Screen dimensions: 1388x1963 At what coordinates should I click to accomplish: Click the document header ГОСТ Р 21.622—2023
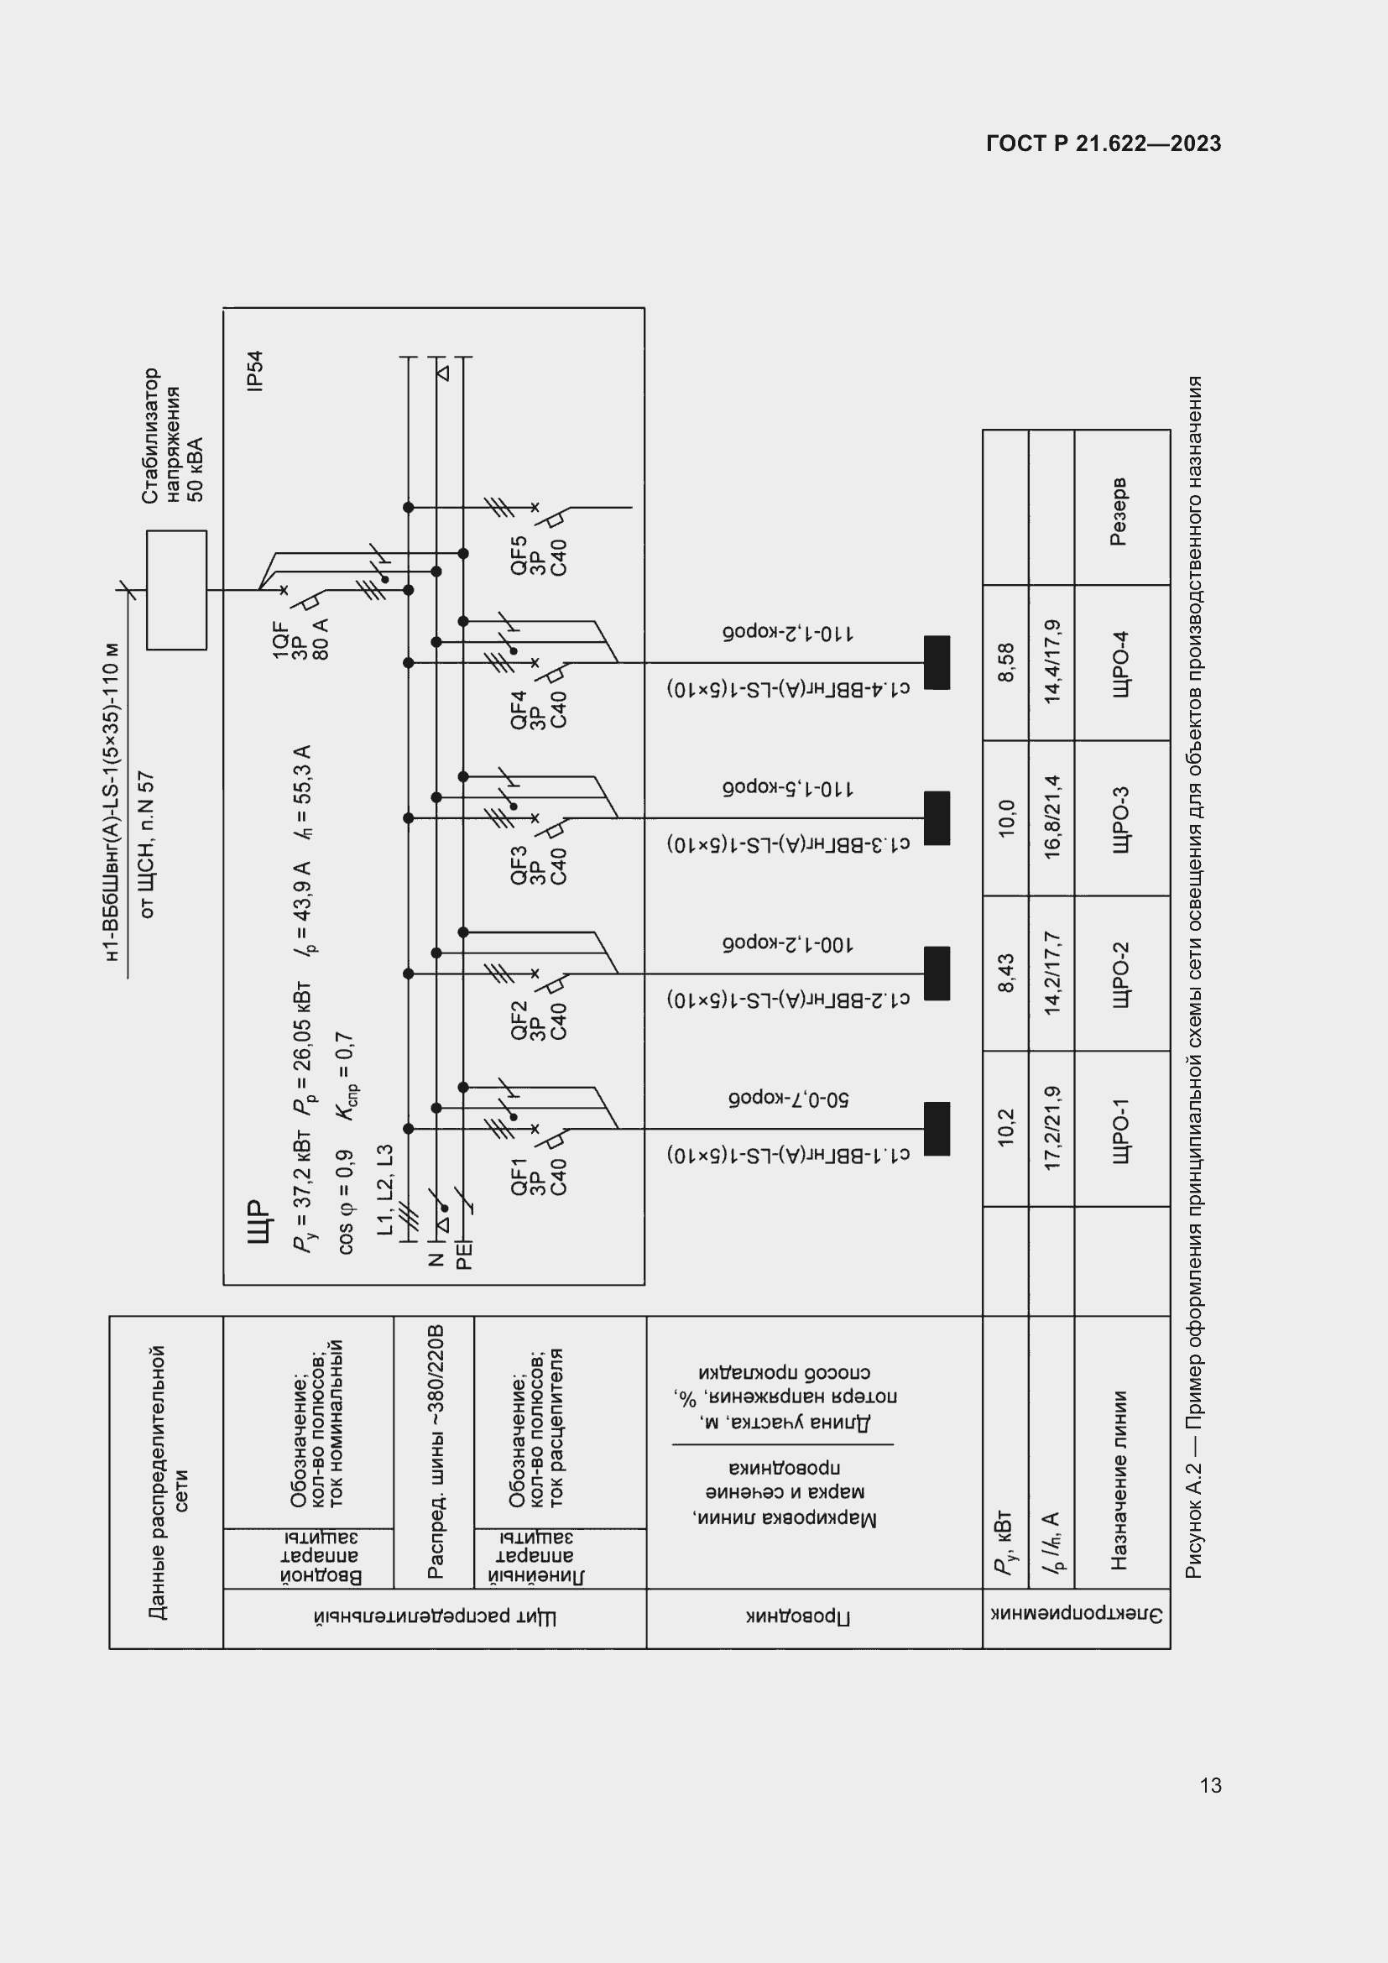1104,144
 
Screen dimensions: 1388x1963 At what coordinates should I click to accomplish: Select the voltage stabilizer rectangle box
177,590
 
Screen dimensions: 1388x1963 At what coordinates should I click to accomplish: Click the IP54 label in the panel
255,371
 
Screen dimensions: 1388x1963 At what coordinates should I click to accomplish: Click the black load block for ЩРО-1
937,1129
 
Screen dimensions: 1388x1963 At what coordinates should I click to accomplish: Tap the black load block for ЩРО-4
937,663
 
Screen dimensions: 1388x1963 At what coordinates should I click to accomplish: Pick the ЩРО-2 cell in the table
1120,974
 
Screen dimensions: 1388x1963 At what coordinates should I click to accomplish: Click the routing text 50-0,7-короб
788,1099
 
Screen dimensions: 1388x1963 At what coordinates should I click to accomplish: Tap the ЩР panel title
258,1221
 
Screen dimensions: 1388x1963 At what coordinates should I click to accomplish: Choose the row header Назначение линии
1119,1480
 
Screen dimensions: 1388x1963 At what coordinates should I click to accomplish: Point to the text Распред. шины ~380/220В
435,1452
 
